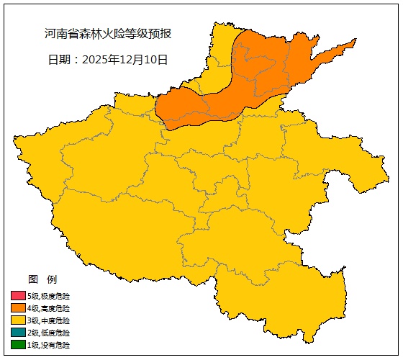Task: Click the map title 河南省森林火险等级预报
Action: click(108, 34)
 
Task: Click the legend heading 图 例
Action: click(42, 279)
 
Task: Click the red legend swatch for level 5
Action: click(18, 296)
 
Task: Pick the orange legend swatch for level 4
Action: click(18, 308)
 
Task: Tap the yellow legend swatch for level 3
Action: click(18, 320)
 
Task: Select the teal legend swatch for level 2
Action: click(18, 333)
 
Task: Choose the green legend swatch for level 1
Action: click(18, 345)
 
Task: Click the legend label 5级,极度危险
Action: click(49, 296)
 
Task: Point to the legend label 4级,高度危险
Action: click(49, 308)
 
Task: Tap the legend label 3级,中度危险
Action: click(49, 320)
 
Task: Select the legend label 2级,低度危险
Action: click(49, 333)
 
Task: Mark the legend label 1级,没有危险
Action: click(49, 345)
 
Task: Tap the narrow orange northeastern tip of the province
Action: click(342, 49)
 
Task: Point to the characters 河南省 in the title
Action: click(60, 34)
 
